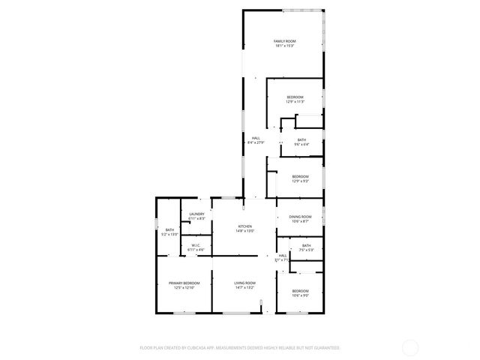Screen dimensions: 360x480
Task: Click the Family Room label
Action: click(x=284, y=41)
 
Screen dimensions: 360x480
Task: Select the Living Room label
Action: click(x=245, y=283)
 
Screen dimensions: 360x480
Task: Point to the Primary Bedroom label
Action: click(x=184, y=283)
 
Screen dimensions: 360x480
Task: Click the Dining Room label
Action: click(x=300, y=217)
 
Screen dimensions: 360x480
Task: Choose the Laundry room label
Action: click(x=197, y=214)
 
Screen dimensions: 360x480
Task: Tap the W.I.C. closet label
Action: click(x=195, y=244)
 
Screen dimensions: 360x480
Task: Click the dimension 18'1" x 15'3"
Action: click(x=284, y=46)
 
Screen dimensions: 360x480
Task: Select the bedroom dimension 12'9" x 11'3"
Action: click(x=295, y=102)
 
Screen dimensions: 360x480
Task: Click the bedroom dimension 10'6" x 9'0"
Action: click(x=300, y=295)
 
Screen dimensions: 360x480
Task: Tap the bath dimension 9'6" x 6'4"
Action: click(x=301, y=145)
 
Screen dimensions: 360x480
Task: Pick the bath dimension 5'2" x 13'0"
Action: click(x=169, y=235)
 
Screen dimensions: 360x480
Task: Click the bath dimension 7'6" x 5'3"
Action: click(x=306, y=250)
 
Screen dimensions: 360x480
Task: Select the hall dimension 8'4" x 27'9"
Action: click(x=256, y=142)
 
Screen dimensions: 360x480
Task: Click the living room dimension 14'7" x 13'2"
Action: click(x=245, y=287)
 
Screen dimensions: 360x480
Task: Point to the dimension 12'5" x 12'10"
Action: click(x=184, y=287)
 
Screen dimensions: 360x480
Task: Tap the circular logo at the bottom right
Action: click(x=410, y=347)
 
